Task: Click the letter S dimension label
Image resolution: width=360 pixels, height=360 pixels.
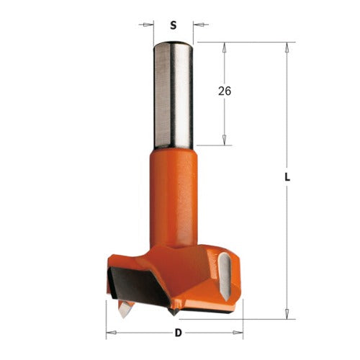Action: tap(173, 25)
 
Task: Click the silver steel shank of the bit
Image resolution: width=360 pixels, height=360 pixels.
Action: tap(173, 94)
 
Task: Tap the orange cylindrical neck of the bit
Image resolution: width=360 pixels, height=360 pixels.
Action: tap(173, 194)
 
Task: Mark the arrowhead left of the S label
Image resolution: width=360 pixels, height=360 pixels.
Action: tap(150, 25)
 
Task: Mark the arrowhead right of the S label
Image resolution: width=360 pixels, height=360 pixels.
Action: tap(197, 25)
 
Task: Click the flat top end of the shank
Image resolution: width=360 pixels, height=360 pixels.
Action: tap(173, 43)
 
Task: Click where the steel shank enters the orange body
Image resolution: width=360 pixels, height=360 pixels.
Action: tap(173, 147)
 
